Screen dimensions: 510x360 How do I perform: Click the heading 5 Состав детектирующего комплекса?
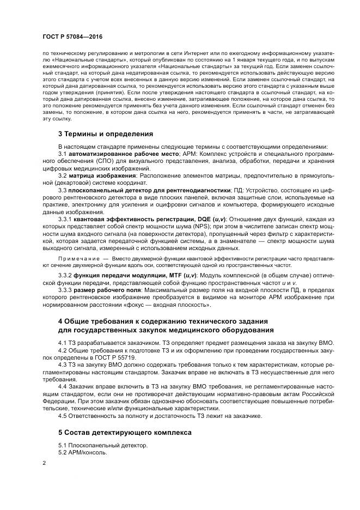point(125,432)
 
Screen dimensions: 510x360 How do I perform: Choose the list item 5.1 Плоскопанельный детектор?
point(102,445)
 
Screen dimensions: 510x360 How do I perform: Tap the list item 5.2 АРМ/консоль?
point(82,453)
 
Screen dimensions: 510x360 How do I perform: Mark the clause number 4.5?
point(63,416)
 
